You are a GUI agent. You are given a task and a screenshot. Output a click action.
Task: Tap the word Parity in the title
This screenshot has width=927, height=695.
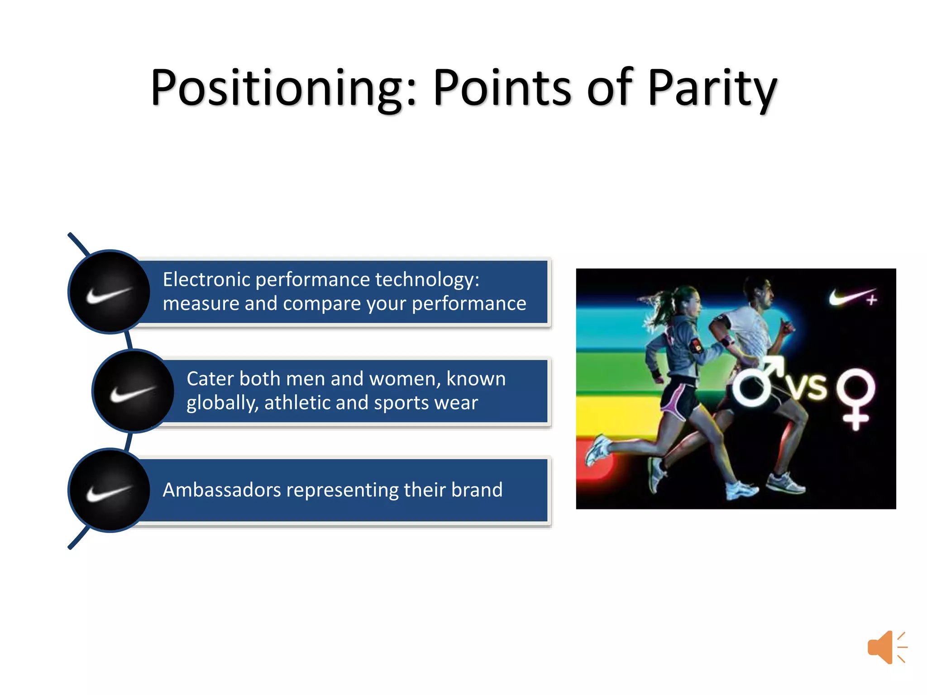pos(712,88)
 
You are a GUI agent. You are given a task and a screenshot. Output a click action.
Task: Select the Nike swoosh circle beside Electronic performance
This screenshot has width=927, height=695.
pos(109,292)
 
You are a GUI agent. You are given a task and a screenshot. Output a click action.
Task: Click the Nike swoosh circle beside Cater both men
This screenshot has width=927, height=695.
pos(133,391)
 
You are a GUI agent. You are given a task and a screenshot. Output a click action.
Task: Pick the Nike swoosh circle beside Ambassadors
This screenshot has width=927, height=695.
pos(109,490)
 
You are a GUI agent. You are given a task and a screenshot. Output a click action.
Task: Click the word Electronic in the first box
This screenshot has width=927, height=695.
pos(206,279)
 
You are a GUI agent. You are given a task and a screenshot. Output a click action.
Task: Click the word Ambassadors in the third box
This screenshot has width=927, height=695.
pos(221,490)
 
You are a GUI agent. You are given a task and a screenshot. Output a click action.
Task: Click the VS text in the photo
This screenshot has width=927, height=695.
pos(807,387)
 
